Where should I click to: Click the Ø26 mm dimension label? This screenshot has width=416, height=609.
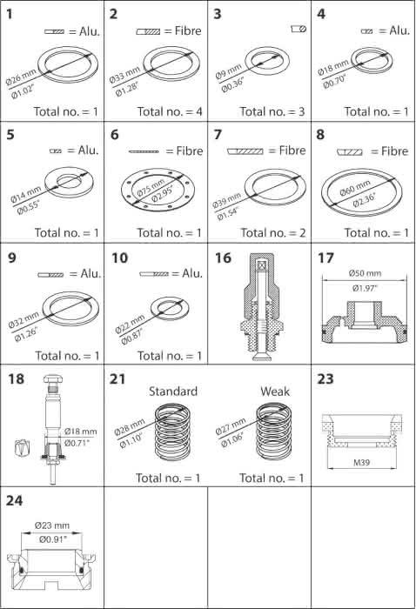tap(21, 77)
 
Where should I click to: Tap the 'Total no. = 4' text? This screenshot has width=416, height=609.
tap(170, 112)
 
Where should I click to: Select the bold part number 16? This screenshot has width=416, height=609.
tap(223, 258)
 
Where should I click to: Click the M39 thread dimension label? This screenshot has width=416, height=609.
tap(361, 463)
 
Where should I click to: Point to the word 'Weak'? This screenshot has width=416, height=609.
tap(275, 391)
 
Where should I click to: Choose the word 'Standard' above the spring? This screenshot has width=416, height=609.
tap(173, 391)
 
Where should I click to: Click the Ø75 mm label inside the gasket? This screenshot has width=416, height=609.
tap(151, 186)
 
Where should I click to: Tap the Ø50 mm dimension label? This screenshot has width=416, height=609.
tap(365, 273)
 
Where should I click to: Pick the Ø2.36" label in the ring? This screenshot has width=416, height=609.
tap(365, 200)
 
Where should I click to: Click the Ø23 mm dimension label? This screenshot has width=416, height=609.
tap(52, 525)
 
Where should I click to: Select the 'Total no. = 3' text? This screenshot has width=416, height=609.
tap(272, 112)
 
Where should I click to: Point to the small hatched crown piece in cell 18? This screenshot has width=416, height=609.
tap(22, 448)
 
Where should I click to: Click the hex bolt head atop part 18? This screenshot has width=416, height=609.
tap(53, 378)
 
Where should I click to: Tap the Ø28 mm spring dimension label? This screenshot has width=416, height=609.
tap(130, 426)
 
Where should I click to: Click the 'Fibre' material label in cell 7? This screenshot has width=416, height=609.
tap(292, 151)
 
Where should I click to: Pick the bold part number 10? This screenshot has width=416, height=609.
tap(119, 258)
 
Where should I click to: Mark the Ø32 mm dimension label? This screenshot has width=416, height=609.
tap(23, 319)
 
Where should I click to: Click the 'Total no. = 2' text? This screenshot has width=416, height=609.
tap(273, 233)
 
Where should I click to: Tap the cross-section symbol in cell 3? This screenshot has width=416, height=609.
tap(299, 29)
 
